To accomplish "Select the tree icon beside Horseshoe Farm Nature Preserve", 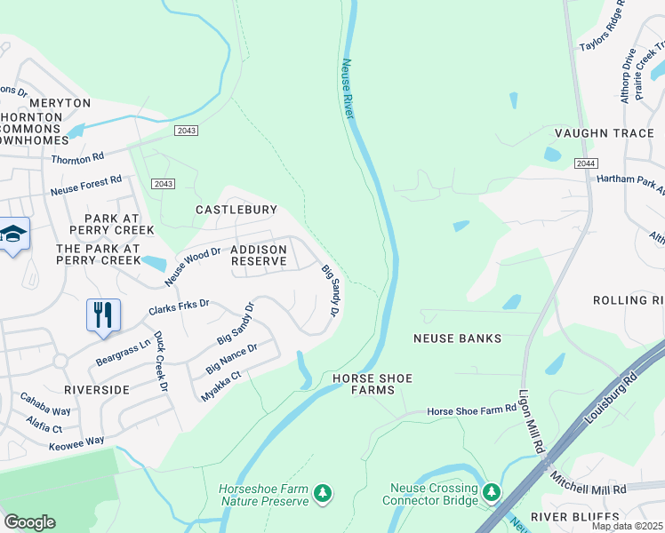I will pyautogui.click(x=324, y=492).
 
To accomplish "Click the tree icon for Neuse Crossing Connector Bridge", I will pyautogui.click(x=491, y=491).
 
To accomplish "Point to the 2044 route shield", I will pyautogui.click(x=585, y=163).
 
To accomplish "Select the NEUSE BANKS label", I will pyautogui.click(x=458, y=338).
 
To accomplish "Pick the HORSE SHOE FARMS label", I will pyautogui.click(x=373, y=385).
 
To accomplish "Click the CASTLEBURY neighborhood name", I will pyautogui.click(x=236, y=210).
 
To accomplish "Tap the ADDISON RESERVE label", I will pyautogui.click(x=259, y=256).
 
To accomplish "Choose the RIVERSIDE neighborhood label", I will pyautogui.click(x=97, y=389).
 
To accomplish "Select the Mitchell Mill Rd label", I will pyautogui.click(x=588, y=489).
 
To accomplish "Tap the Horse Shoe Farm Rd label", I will pyautogui.click(x=471, y=410).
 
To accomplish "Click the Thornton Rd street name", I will pyautogui.click(x=77, y=158).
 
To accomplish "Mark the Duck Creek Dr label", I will pyautogui.click(x=160, y=362).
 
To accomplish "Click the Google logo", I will pyautogui.click(x=28, y=522).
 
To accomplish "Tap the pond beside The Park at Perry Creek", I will pyautogui.click(x=153, y=263).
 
